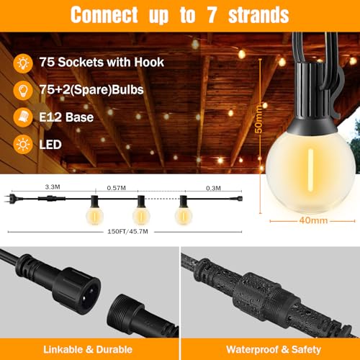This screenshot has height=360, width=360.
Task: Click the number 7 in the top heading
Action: click(212, 15)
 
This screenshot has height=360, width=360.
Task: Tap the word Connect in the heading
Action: click(104, 15)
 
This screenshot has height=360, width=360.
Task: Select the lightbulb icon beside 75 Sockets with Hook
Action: click(23, 63)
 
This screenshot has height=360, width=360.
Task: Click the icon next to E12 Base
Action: click(23, 117)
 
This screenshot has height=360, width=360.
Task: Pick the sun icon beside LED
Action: click(23, 145)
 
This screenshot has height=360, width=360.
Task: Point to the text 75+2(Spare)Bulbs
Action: click(91, 90)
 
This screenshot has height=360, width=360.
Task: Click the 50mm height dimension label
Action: click(258, 119)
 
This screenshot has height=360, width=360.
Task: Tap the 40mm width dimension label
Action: click(313, 220)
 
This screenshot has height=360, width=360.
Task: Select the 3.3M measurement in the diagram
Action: click(53, 186)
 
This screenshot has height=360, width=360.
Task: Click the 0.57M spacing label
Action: click(117, 188)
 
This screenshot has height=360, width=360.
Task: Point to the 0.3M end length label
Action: click(213, 188)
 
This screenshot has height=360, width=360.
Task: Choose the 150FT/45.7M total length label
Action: click(127, 232)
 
